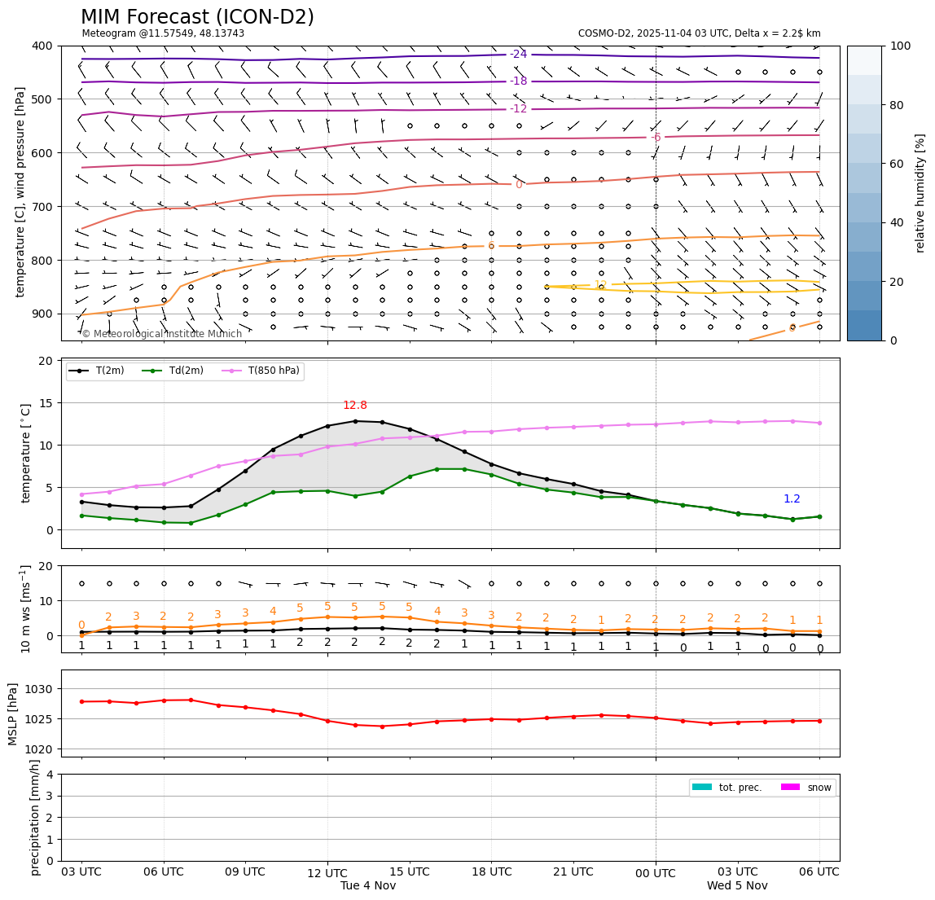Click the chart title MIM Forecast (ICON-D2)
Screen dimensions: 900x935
[197, 17]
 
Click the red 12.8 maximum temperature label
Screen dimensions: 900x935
[355, 406]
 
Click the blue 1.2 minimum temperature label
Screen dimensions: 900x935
[792, 499]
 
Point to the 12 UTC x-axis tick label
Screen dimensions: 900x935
[327, 873]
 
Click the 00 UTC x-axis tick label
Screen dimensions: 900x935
[656, 873]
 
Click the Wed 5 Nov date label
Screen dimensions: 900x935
[737, 885]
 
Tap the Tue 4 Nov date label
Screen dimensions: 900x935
[368, 885]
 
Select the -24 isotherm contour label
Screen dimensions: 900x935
[518, 55]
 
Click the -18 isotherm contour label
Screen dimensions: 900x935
[518, 81]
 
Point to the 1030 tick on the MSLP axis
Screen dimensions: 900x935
[42, 689]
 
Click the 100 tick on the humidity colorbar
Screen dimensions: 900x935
[901, 46]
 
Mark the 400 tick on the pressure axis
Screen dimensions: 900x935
[42, 46]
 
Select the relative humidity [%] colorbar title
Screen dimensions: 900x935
[920, 193]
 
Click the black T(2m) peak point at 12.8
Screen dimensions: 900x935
[355, 421]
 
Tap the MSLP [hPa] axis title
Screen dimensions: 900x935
[13, 713]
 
